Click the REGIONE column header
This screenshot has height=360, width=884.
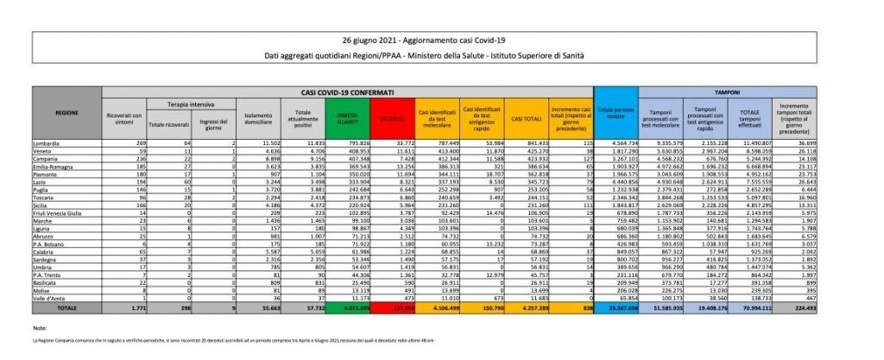pos(66,112)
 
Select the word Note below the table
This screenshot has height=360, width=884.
pos(41,329)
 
